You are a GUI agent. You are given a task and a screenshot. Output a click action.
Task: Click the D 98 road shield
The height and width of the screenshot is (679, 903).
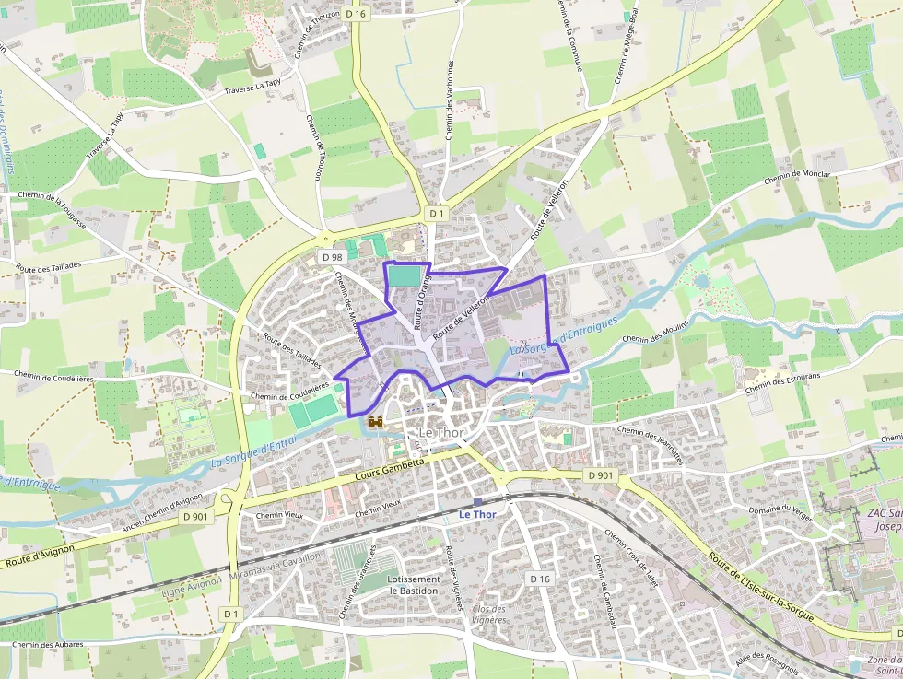pos(332,256)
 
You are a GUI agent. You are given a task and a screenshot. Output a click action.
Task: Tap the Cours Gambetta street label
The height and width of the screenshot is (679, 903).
pos(390,468)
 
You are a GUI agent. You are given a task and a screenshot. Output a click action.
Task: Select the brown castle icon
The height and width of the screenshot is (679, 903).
pos(376,422)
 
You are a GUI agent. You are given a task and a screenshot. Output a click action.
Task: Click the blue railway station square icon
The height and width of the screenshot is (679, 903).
pos(477,502)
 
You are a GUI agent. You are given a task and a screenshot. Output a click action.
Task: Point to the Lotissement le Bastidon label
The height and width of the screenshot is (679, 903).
pos(414,585)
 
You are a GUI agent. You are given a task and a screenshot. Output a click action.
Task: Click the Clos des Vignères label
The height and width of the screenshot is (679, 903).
pos(490,614)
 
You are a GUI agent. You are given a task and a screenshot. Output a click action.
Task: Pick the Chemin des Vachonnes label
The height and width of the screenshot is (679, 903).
pos(450,100)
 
